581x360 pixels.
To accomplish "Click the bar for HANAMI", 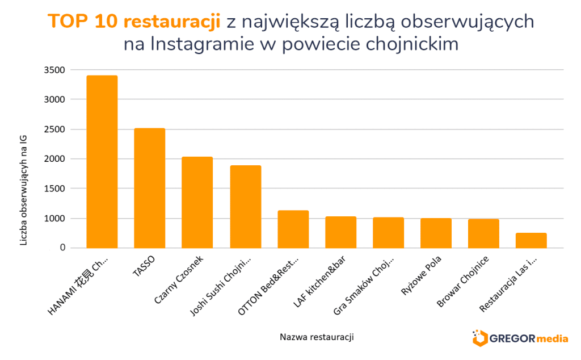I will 102,162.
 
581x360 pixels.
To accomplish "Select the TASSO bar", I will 149,188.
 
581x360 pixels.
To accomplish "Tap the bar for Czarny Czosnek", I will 197,202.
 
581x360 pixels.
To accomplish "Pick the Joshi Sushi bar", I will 245,207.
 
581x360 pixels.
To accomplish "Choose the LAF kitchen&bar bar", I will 340,232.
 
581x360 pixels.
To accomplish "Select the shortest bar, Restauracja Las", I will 531,240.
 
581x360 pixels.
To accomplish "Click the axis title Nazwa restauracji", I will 317,337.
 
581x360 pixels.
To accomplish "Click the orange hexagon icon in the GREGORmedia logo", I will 480,338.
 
